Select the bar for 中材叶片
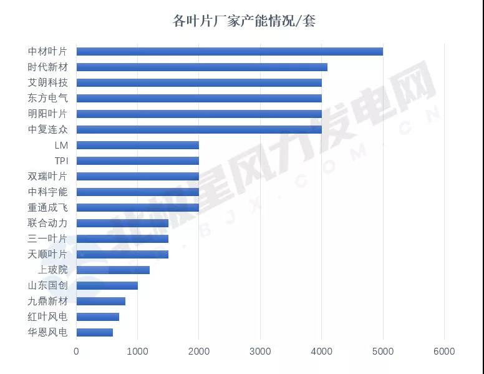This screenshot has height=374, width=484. click(230, 51)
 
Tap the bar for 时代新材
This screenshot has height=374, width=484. click(201, 67)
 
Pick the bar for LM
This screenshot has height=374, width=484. click(137, 145)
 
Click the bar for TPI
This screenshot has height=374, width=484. click(137, 160)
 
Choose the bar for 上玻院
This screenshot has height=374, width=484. click(113, 270)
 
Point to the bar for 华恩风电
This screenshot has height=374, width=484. click(95, 332)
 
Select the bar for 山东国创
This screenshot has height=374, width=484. click(107, 285)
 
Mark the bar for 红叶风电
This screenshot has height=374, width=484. click(97, 317)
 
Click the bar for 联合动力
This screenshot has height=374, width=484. click(122, 223)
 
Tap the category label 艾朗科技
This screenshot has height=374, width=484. click(48, 82)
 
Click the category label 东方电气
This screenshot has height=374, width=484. click(48, 98)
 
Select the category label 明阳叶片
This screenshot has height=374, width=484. click(48, 114)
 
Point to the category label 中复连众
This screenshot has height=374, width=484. click(48, 129)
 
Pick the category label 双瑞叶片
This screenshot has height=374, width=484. click(48, 176)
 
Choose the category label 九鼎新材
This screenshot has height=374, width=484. click(48, 301)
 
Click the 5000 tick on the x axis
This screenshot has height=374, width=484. click(383, 352)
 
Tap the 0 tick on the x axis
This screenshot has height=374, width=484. click(76, 352)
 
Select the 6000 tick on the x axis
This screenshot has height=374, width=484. click(444, 352)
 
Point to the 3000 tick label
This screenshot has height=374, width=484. click(260, 352)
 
